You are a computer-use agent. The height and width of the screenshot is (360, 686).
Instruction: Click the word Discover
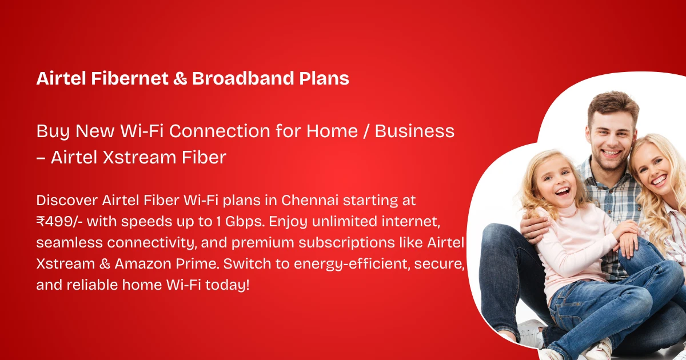point(67,201)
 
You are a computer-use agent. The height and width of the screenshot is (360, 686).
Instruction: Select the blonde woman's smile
point(659,181)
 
